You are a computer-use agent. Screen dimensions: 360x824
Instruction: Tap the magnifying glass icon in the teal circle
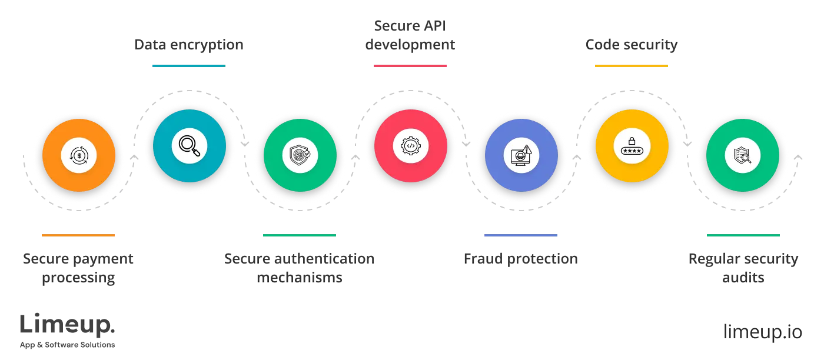(190, 145)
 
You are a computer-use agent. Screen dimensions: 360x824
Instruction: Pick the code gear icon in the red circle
(411, 145)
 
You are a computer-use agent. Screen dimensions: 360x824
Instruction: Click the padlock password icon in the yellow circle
(632, 145)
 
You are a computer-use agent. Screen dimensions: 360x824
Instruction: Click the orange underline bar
(78, 235)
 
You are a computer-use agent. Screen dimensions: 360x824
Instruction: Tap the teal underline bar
(188, 66)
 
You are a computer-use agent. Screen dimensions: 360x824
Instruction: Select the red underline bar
(410, 66)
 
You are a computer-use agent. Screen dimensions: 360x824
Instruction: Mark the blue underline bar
(520, 235)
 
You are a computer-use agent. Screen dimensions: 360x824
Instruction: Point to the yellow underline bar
(631, 66)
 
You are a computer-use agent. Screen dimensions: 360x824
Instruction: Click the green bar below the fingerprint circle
(299, 235)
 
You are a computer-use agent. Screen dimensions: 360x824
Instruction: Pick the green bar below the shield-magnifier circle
(744, 235)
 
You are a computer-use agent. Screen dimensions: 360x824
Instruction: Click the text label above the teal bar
(188, 45)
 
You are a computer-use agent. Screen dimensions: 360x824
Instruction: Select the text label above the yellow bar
(631, 45)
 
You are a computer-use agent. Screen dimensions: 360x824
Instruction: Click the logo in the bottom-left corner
(68, 331)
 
